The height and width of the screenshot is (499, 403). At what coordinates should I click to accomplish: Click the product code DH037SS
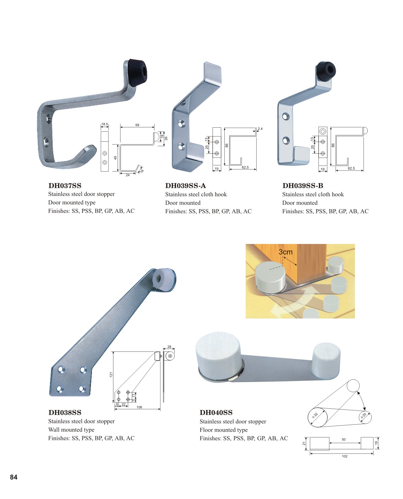pyautogui.click(x=65, y=186)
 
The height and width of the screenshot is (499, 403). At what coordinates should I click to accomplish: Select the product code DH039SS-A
pyautogui.click(x=185, y=186)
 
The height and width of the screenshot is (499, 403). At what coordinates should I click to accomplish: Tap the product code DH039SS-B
pyautogui.click(x=303, y=186)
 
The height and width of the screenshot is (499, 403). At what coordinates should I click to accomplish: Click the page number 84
pyautogui.click(x=14, y=477)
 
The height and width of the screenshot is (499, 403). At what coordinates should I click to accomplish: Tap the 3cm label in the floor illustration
pyautogui.click(x=285, y=252)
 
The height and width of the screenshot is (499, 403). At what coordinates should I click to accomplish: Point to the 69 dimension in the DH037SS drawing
pyautogui.click(x=137, y=125)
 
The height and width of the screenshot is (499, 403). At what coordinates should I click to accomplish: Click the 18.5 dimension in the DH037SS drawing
pyautogui.click(x=105, y=124)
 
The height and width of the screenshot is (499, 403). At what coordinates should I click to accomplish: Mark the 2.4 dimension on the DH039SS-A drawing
pyautogui.click(x=260, y=129)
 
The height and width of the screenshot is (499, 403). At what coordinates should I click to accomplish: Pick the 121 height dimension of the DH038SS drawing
pyautogui.click(x=111, y=374)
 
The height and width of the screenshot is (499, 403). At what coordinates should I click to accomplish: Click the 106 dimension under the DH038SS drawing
pyautogui.click(x=139, y=407)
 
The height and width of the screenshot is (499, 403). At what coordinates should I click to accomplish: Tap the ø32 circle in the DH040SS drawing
pyautogui.click(x=317, y=417)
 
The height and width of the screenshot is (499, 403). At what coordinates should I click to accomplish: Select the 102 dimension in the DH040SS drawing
pyautogui.click(x=345, y=456)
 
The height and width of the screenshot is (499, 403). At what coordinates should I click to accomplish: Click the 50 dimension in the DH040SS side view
pyautogui.click(x=344, y=439)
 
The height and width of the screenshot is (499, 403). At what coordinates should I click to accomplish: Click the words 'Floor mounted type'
pyautogui.click(x=223, y=430)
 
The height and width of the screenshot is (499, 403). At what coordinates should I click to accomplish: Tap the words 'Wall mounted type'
pyautogui.click(x=71, y=429)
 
